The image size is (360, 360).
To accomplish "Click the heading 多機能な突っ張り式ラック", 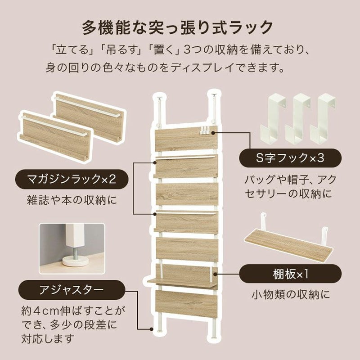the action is coord(177,27).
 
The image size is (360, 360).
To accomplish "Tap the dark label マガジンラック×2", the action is coord(72,179).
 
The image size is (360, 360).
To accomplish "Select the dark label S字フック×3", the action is coord(290,158).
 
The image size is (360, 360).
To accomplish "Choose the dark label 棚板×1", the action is coord(290,274).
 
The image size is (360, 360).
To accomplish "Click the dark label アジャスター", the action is coord(72,290).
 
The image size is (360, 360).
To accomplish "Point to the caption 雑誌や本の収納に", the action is coord(72,200).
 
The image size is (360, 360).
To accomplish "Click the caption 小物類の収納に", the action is coord(291,294).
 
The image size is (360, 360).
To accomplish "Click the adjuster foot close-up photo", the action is coord(72,249).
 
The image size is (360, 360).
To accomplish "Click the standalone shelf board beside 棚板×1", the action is coord(288,242).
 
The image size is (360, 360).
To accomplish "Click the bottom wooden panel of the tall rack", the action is coord(186,303).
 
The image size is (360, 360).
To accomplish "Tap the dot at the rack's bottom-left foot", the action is coord(151,329).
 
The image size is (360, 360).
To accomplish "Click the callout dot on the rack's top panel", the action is coord(213,133).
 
